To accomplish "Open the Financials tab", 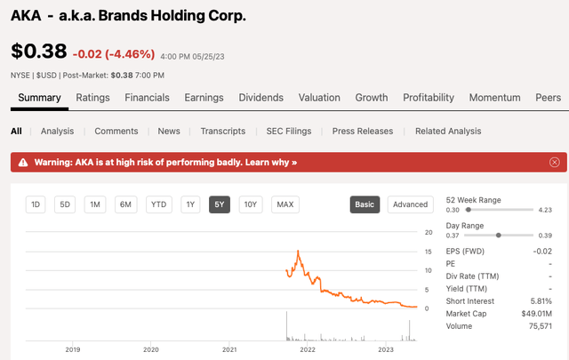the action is pyautogui.click(x=147, y=98).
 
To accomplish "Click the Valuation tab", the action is pyautogui.click(x=319, y=98).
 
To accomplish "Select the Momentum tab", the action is pyautogui.click(x=494, y=98).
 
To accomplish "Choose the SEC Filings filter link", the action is pyautogui.click(x=289, y=131).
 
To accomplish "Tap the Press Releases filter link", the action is pyautogui.click(x=363, y=131).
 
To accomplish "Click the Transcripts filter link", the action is pyautogui.click(x=223, y=131).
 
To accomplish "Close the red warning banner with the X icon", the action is pyautogui.click(x=554, y=162).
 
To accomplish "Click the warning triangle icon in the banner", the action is pyautogui.click(x=23, y=162).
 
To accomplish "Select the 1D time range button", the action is pyautogui.click(x=36, y=204).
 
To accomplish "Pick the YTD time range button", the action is pyautogui.click(x=158, y=204).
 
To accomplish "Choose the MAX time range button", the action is pyautogui.click(x=285, y=204).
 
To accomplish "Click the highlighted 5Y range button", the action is pyautogui.click(x=220, y=204).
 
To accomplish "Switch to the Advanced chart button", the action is pyautogui.click(x=411, y=204).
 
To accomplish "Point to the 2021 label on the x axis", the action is pyautogui.click(x=229, y=350).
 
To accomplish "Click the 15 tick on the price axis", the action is pyautogui.click(x=429, y=252).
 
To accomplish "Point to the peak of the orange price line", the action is pyautogui.click(x=299, y=251).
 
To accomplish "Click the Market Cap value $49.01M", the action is pyautogui.click(x=537, y=314).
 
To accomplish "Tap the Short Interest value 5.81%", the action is pyautogui.click(x=541, y=301).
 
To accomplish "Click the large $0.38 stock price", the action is pyautogui.click(x=39, y=51).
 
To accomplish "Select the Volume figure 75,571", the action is pyautogui.click(x=541, y=326).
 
